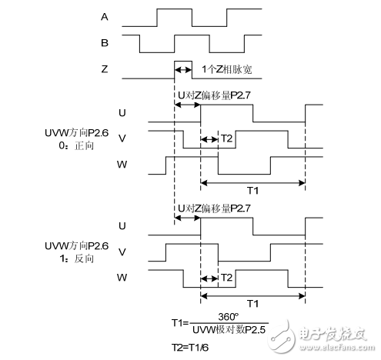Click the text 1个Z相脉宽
(x=226, y=69)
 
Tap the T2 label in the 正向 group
(x=226, y=139)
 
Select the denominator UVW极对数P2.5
(x=229, y=329)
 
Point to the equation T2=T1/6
(x=190, y=347)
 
